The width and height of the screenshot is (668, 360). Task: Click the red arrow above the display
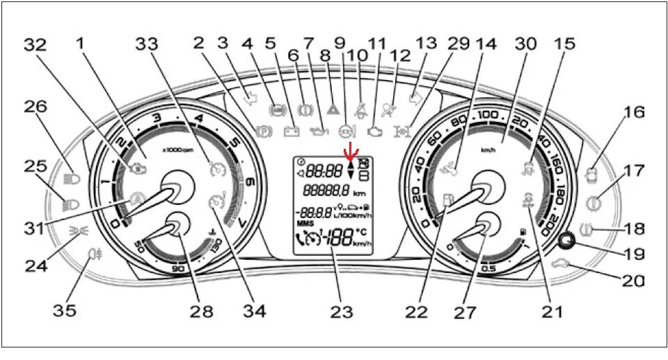point(352,150)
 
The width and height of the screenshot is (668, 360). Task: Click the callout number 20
point(632,281)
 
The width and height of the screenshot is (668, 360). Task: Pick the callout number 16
point(634,111)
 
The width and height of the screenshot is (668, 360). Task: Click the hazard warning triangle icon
point(332,109)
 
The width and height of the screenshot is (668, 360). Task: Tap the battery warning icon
point(291,130)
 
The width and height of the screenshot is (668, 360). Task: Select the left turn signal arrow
point(250,99)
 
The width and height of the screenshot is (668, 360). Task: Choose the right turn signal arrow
point(416,99)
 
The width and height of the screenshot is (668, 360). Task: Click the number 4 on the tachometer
point(201,118)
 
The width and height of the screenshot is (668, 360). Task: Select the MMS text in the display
point(305,224)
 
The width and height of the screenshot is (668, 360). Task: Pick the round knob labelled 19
point(566,240)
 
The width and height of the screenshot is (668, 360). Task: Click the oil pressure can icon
point(318,130)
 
